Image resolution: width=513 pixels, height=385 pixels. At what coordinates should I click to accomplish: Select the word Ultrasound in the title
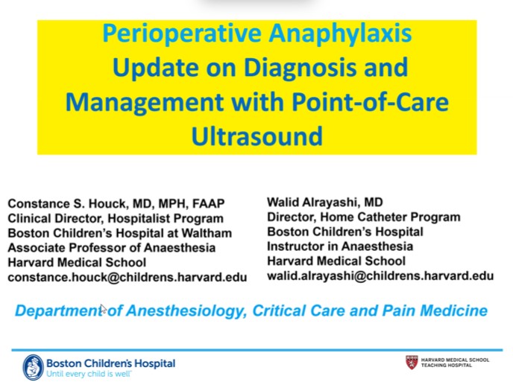tap(256, 136)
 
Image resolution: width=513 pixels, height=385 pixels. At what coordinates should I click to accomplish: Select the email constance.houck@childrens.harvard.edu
tap(127, 277)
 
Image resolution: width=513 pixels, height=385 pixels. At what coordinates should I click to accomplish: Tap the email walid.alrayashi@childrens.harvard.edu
tap(380, 276)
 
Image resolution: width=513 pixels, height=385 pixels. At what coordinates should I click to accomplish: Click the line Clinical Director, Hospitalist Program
tap(116, 218)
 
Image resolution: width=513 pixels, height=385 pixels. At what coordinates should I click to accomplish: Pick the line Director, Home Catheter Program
tap(363, 217)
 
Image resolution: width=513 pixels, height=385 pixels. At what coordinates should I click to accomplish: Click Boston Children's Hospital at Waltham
tap(119, 233)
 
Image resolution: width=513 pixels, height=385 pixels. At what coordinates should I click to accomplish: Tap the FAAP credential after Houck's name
tap(210, 204)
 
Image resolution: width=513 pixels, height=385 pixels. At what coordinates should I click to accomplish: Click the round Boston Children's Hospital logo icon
tap(33, 366)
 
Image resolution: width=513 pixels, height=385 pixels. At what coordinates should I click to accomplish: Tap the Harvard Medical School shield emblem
tap(412, 362)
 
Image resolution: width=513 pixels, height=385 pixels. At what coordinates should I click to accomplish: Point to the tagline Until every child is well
tap(89, 372)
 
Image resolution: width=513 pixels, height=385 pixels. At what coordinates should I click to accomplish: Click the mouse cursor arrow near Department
tap(103, 308)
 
